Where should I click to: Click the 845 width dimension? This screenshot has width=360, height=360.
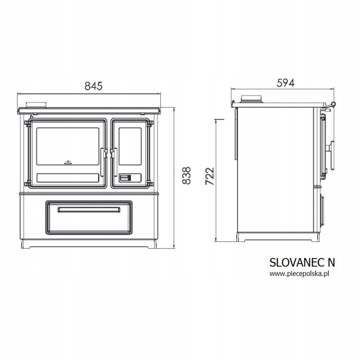tap(94, 86)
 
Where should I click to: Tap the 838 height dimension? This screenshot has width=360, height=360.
tap(186, 175)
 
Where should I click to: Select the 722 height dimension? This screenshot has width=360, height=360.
tap(209, 176)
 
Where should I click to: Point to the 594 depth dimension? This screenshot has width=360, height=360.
tap(285, 83)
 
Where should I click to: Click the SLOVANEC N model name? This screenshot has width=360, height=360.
tap(302, 262)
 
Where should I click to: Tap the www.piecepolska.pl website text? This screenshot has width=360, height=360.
tap(299, 274)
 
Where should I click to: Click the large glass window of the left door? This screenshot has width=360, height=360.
tap(68, 146)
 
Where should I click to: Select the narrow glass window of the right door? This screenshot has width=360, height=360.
tap(130, 146)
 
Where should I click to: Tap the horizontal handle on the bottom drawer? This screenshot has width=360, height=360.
tap(89, 210)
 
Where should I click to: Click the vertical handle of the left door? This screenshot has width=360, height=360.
tap(103, 162)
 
